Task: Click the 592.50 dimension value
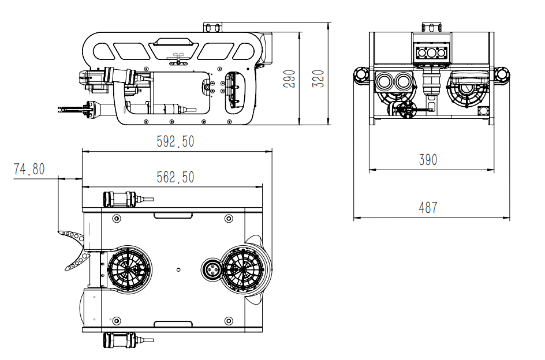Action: (175, 141)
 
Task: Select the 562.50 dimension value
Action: (175, 177)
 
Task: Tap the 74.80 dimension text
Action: (29, 169)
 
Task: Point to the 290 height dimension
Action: (290, 78)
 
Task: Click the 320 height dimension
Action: (318, 78)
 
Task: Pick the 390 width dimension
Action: (428, 160)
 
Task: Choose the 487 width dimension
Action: (428, 208)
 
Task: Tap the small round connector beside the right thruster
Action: (212, 269)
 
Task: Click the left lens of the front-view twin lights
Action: (384, 82)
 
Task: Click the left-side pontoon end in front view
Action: (362, 75)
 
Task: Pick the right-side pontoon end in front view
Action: (502, 75)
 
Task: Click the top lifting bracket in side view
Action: (212, 28)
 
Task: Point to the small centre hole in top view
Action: (178, 269)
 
